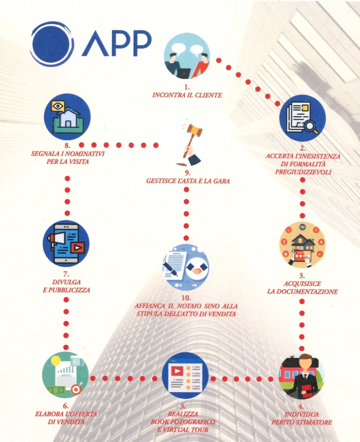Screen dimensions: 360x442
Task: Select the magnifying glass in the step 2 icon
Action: pos(311,125)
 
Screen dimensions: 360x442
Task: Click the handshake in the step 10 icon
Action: pos(197,268)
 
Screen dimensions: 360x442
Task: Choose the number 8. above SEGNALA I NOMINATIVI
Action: pos(67,146)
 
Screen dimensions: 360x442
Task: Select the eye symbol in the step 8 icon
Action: pos(58,106)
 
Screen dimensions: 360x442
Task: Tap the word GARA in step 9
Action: pos(221,181)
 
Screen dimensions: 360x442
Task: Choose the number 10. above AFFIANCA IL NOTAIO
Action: pos(186,297)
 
